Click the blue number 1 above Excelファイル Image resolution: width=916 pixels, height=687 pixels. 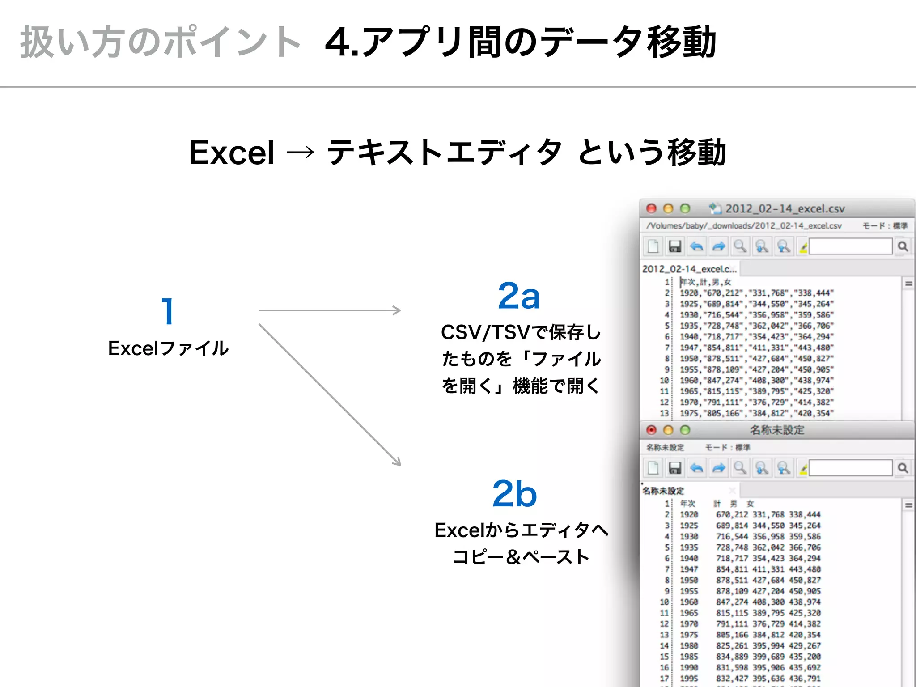point(168,311)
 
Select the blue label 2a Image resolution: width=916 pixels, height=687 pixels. point(519,296)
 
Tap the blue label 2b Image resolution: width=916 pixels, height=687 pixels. point(514,494)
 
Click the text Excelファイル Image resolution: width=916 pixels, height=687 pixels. point(168,348)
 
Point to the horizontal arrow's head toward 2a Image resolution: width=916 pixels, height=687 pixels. point(397,310)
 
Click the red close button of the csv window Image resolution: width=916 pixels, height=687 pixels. point(651,208)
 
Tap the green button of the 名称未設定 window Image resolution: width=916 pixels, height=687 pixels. point(685,430)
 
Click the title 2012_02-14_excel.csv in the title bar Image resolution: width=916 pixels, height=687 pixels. point(785,209)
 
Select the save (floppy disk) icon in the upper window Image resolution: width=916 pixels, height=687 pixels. point(674,246)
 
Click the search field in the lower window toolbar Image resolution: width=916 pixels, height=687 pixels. point(850,468)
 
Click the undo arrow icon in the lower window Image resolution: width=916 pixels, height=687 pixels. point(696,468)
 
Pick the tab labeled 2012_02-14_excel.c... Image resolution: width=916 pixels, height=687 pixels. point(689,269)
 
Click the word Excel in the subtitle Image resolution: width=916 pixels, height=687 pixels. point(232,153)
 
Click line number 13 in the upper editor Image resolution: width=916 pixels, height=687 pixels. point(664,413)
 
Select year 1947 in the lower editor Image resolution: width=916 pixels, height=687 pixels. point(689,569)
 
